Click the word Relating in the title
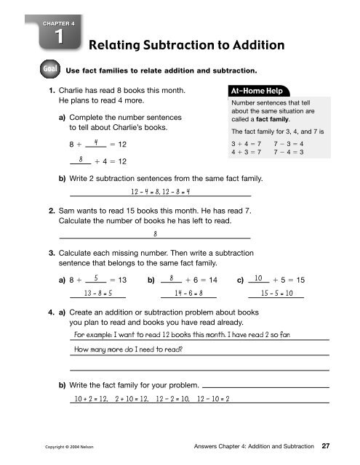[114, 46]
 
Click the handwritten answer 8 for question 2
[156, 234]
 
